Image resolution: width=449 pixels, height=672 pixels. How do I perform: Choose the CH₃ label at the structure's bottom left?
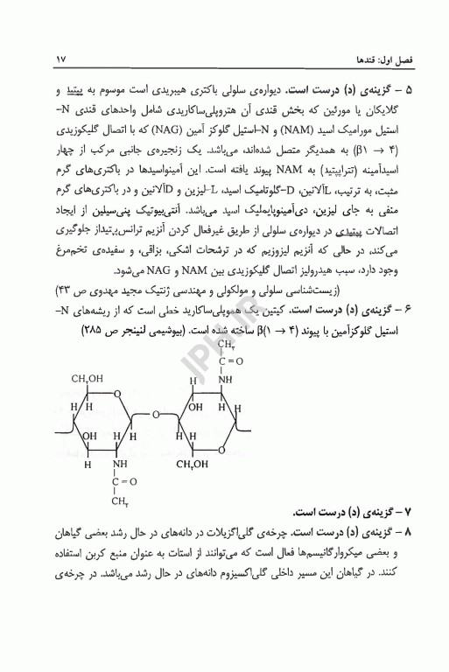tap(116, 501)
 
